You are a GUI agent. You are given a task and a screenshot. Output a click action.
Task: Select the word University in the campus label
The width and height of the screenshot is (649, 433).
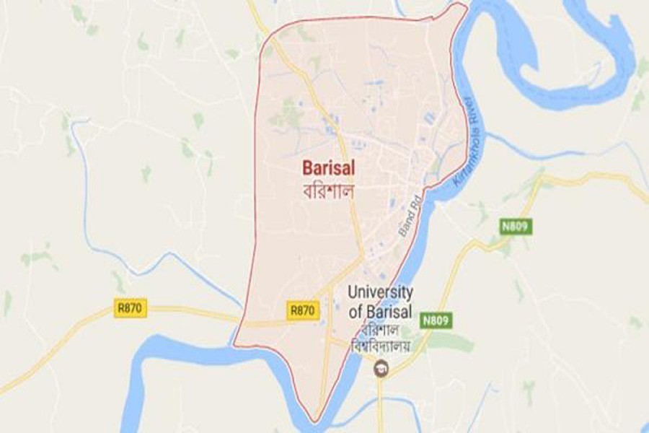click(x=380, y=292)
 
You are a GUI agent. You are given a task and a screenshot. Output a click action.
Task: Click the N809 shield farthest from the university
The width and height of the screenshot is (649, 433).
click(x=516, y=227)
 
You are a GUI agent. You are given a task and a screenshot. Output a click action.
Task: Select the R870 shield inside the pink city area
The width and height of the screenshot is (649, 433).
click(x=302, y=310)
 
